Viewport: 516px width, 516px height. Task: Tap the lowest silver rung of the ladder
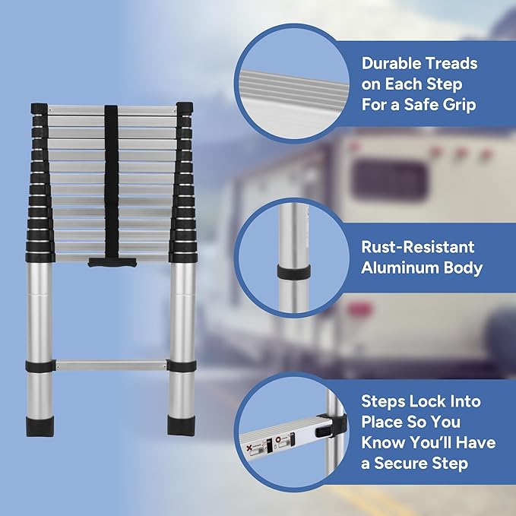(x=111, y=366)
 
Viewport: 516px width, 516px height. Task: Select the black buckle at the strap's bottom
(x=112, y=262)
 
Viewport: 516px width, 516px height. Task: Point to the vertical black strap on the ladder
(x=112, y=182)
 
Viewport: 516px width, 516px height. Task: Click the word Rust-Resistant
(x=418, y=247)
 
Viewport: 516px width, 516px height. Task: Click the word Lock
(x=434, y=401)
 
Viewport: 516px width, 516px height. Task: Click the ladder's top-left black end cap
(x=40, y=109)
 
